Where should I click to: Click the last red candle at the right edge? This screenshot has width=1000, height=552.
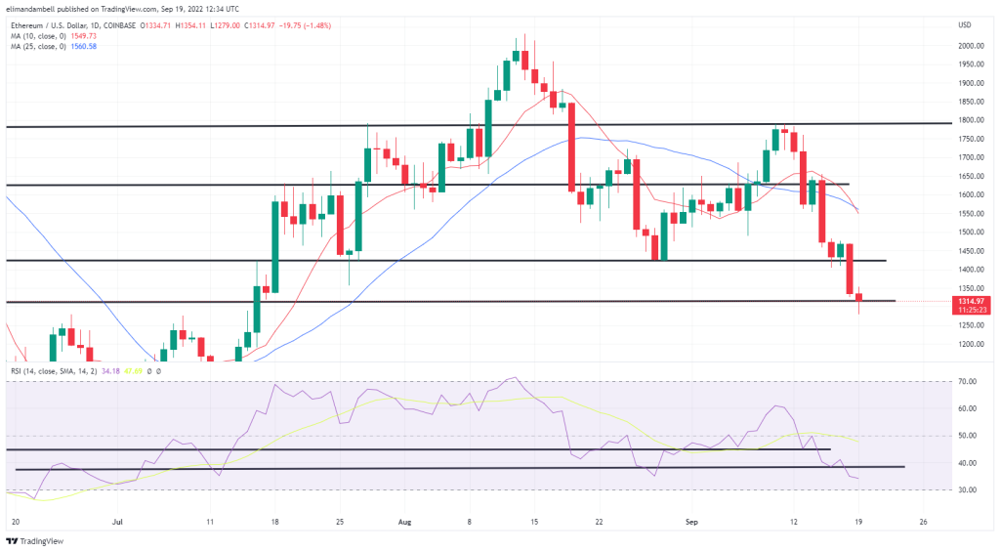click(x=859, y=297)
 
